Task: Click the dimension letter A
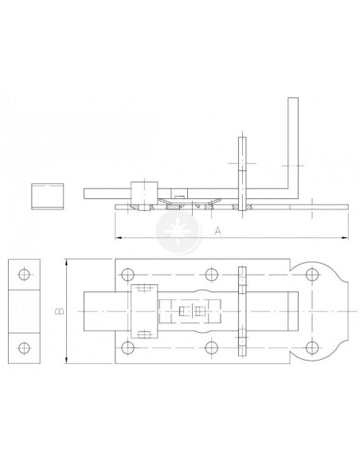pyautogui.click(x=217, y=230)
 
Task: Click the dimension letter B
pyautogui.click(x=60, y=311)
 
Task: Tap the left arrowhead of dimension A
pyautogui.click(x=119, y=237)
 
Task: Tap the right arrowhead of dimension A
pyautogui.click(x=345, y=237)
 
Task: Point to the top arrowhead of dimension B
pyautogui.click(x=68, y=262)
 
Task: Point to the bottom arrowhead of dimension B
pyautogui.click(x=68, y=359)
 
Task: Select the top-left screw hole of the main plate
pyautogui.click(x=127, y=275)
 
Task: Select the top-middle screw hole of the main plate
pyautogui.click(x=211, y=275)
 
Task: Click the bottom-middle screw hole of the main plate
pyautogui.click(x=211, y=347)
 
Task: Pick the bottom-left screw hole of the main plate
pyautogui.click(x=127, y=347)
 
